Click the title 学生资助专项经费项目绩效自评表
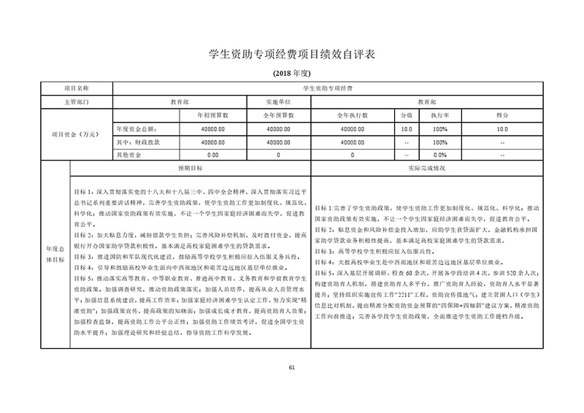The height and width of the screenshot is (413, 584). coord(292,55)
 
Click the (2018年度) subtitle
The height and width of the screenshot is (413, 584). coord(291,74)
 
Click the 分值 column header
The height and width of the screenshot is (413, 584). coord(407,115)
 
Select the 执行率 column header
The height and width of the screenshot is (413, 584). coord(439,115)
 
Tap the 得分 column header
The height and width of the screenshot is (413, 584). coord(502,115)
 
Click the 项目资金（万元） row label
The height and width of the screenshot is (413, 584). coord(77,135)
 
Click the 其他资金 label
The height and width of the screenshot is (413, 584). coord(128,155)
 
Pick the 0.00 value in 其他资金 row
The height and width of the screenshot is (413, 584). coord(212,155)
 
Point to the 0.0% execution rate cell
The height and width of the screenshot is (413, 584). coord(439,155)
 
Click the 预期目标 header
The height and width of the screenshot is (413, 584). coord(188,168)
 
